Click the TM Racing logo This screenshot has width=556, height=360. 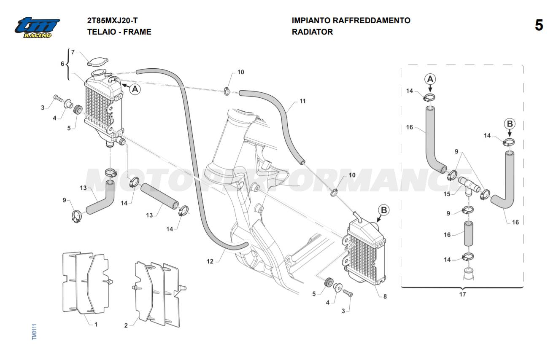37,27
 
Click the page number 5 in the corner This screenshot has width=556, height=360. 539,25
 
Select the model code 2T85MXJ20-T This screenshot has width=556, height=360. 112,21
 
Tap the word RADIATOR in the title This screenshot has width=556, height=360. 312,32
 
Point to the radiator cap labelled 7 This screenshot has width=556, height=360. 98,62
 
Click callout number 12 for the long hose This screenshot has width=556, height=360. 210,261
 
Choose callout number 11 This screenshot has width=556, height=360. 302,101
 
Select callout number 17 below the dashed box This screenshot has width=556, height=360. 462,294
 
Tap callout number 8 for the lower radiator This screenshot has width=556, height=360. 385,296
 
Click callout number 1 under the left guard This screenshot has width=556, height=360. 96,324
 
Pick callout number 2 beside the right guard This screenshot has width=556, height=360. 126,325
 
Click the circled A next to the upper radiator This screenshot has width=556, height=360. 135,89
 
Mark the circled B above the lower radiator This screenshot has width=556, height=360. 384,210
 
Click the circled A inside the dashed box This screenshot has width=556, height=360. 430,79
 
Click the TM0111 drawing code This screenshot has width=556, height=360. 34,332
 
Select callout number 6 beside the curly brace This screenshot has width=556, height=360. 62,64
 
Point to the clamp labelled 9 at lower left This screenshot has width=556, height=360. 77,216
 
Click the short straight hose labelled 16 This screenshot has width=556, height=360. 468,234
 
